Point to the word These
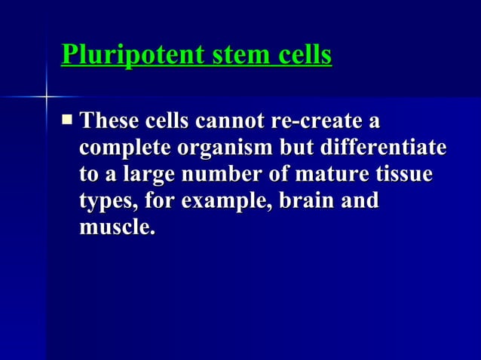[110, 121]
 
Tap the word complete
[124, 148]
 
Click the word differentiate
[382, 148]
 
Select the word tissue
[405, 175]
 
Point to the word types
[106, 202]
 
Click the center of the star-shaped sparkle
[46, 96]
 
